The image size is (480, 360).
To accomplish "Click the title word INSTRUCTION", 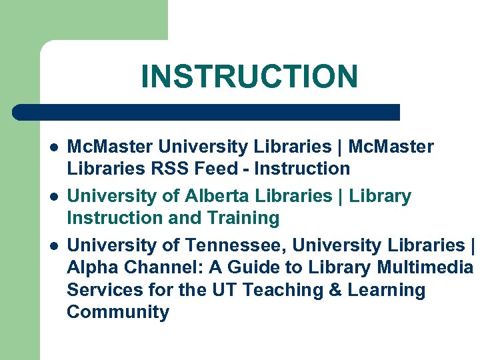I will (x=249, y=77).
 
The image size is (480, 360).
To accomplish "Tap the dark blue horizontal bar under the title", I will (x=207, y=112).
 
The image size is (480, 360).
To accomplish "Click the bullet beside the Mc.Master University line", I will (x=53, y=147).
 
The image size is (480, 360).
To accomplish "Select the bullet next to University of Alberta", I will (x=53, y=197).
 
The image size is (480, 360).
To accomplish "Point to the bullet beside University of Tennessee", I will (x=53, y=246).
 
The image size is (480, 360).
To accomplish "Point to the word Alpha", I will (x=92, y=268).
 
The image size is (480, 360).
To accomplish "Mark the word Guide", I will (x=251, y=268).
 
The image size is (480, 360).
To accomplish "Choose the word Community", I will (x=118, y=312).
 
